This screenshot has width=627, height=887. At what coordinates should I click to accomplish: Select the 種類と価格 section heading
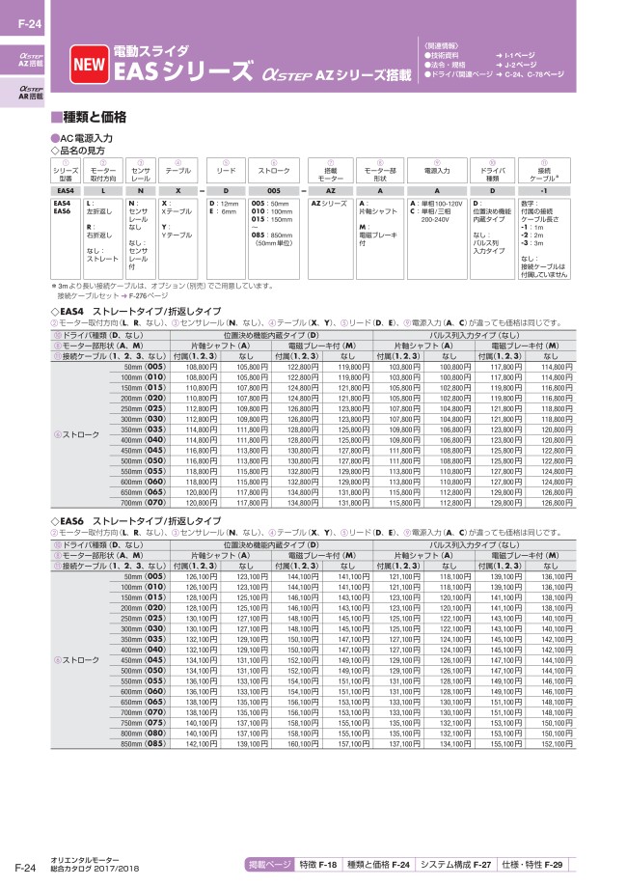coord(94,117)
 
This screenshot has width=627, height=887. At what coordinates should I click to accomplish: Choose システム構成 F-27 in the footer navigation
coord(456,864)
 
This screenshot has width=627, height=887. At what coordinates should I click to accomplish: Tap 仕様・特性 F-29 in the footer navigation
coord(537,864)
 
